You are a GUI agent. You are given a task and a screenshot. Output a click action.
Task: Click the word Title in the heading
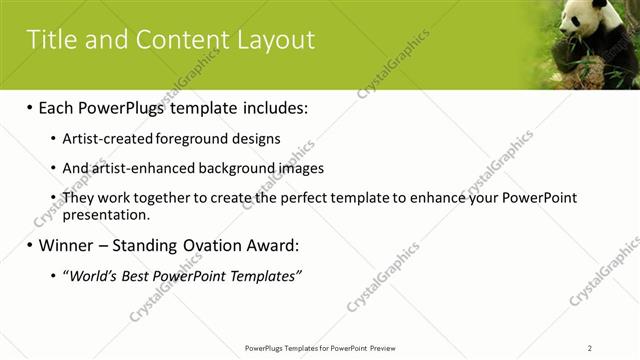(x=49, y=39)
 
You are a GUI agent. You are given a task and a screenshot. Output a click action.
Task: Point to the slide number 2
(x=590, y=348)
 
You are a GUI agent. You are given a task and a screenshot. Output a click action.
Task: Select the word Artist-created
(x=107, y=139)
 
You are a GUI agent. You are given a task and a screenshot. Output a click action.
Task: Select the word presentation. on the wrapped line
(x=106, y=214)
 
